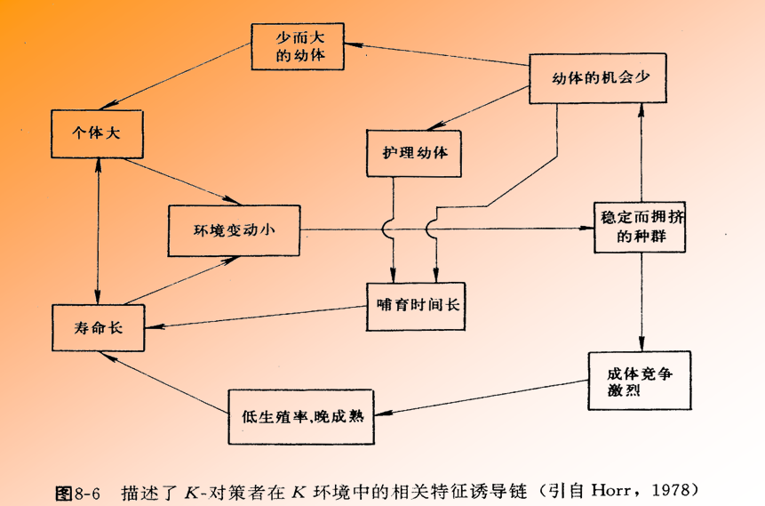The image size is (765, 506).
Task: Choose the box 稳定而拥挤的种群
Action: point(641,229)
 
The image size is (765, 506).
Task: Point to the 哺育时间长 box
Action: point(416,305)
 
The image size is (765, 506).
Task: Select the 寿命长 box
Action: point(98,326)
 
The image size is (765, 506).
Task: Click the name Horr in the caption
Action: point(611,490)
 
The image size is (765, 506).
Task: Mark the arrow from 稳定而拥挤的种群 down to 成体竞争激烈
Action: point(640,301)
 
